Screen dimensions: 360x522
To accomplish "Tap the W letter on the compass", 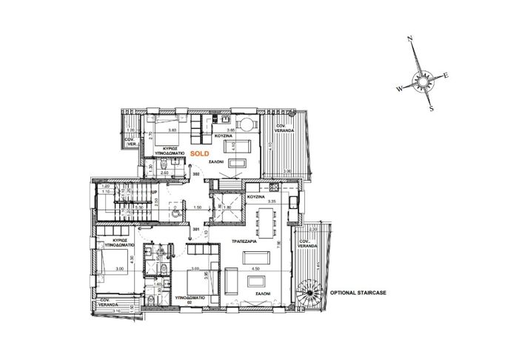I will click(x=399, y=88).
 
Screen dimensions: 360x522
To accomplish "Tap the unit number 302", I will click(x=197, y=174).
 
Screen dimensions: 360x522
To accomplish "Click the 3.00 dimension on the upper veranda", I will click(x=287, y=172).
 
